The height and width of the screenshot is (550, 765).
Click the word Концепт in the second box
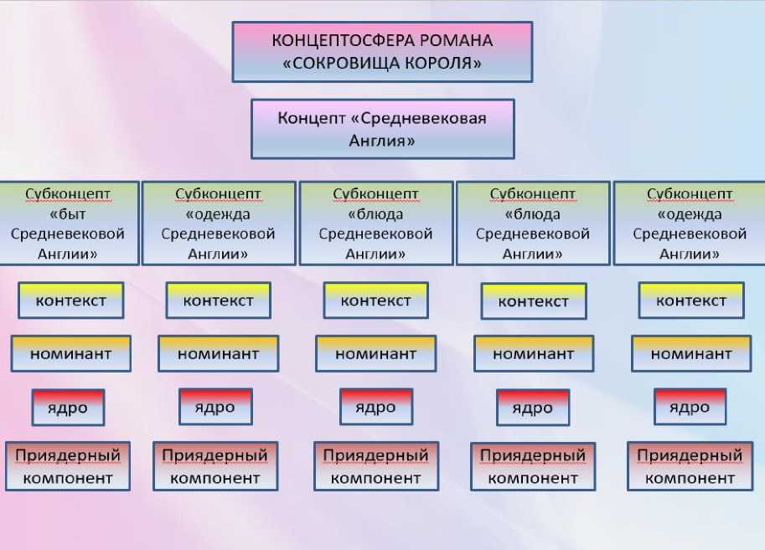[308, 118]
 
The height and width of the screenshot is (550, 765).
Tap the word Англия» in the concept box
[382, 141]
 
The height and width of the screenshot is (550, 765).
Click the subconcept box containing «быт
[69, 224]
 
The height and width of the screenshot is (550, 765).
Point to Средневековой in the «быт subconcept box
[68, 234]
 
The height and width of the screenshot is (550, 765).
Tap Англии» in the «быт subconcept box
[68, 254]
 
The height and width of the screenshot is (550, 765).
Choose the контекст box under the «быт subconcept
[71, 301]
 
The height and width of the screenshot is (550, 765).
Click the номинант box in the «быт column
[71, 353]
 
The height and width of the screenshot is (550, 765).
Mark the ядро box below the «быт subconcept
[68, 408]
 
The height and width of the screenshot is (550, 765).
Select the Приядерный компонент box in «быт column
[68, 466]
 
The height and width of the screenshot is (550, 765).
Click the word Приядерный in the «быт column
[68, 456]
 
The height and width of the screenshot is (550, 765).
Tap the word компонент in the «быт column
[68, 478]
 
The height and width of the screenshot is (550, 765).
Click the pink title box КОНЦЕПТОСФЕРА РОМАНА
[382, 52]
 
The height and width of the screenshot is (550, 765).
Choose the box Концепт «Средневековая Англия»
[382, 129]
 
